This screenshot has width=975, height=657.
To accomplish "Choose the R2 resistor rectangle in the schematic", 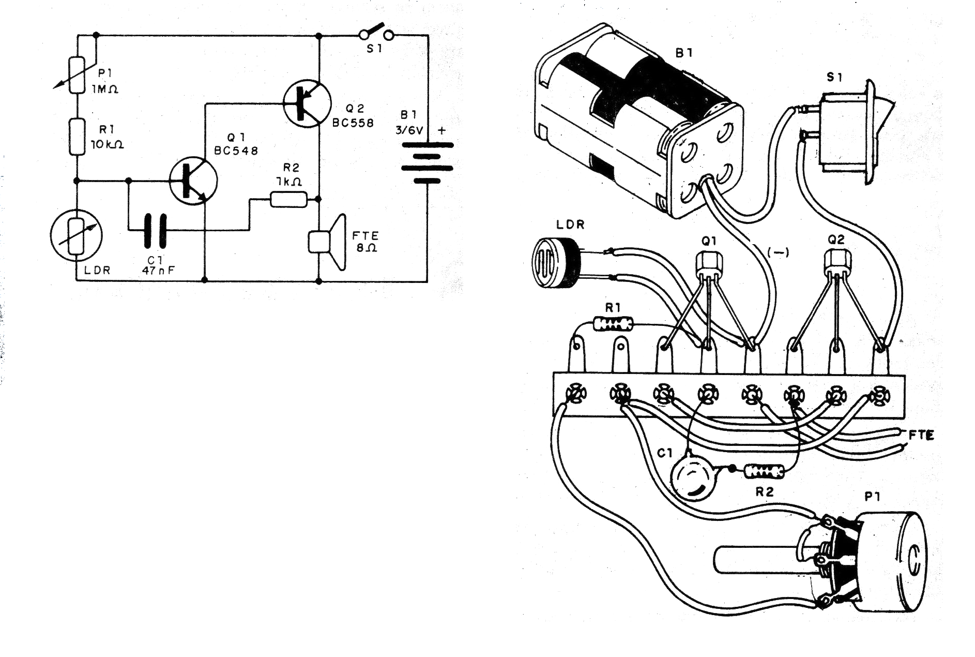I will pyautogui.click(x=288, y=199).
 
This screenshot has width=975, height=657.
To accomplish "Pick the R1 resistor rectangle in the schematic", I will pyautogui.click(x=77, y=137).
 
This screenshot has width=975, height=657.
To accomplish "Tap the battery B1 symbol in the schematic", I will pyautogui.click(x=427, y=163).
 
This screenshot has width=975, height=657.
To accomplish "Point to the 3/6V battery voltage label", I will pyautogui.click(x=409, y=130).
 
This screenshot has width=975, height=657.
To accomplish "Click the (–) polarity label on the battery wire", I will pyautogui.click(x=777, y=253).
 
